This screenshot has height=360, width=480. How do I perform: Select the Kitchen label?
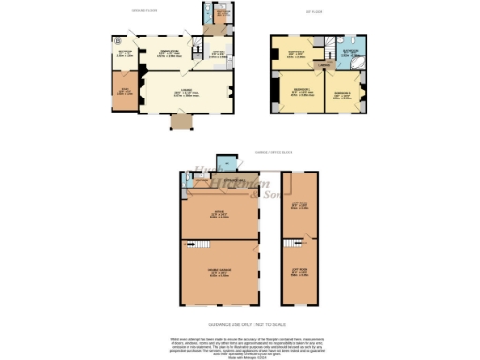click(216, 53)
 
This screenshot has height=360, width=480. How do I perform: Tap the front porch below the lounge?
click(178, 123)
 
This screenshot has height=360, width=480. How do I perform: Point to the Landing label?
click(322, 65)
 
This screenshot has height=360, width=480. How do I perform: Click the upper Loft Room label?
click(300, 205)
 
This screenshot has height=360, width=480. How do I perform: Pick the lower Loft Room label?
click(300, 272)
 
